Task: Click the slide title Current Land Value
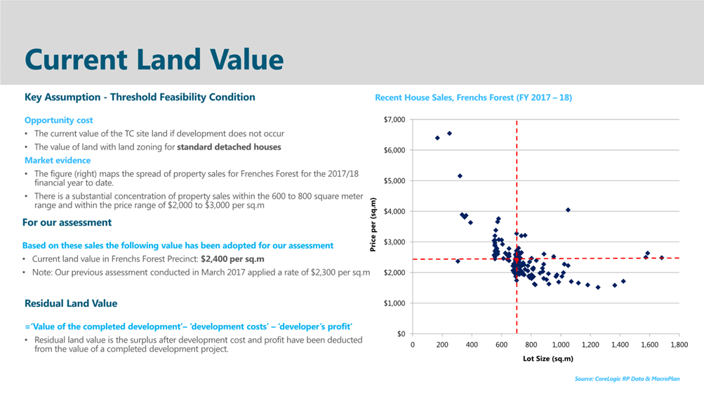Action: tap(154, 60)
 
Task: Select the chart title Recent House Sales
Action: tap(473, 98)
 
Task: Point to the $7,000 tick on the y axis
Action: tap(394, 119)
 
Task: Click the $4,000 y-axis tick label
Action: tap(394, 211)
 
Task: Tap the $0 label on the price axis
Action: tap(399, 334)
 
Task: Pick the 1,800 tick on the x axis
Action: tap(679, 345)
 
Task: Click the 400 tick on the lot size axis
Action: tap(472, 345)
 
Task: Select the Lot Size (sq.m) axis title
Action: tap(548, 359)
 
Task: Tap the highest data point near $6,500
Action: tap(449, 133)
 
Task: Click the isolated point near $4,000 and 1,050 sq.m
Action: tap(568, 210)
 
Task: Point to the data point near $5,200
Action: tap(460, 176)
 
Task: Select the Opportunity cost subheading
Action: tap(59, 120)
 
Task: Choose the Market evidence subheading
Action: tap(58, 160)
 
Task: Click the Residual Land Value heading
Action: tap(71, 303)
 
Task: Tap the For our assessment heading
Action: tap(67, 223)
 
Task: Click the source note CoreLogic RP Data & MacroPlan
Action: tap(627, 379)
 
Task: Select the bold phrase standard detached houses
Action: tap(229, 147)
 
